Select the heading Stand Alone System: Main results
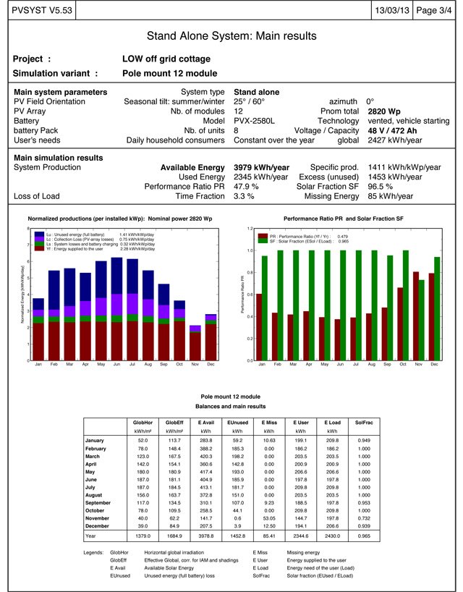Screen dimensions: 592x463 tap(231, 35)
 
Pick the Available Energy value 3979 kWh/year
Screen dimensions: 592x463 tap(261, 167)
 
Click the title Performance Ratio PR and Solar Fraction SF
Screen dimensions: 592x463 tap(344, 218)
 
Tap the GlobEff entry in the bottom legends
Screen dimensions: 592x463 tap(118, 560)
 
